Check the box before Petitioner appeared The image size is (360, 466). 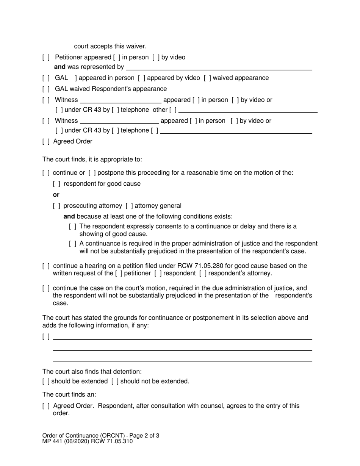coord(46,58)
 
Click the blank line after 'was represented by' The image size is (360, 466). coord(219,67)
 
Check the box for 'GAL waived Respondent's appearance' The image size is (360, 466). coord(46,89)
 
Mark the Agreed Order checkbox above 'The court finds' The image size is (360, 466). coord(46,142)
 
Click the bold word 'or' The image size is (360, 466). coord(56,195)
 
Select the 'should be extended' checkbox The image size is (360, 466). coord(46,382)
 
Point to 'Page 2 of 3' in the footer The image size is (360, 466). coord(142,436)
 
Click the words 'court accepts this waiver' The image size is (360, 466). coord(110,46)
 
